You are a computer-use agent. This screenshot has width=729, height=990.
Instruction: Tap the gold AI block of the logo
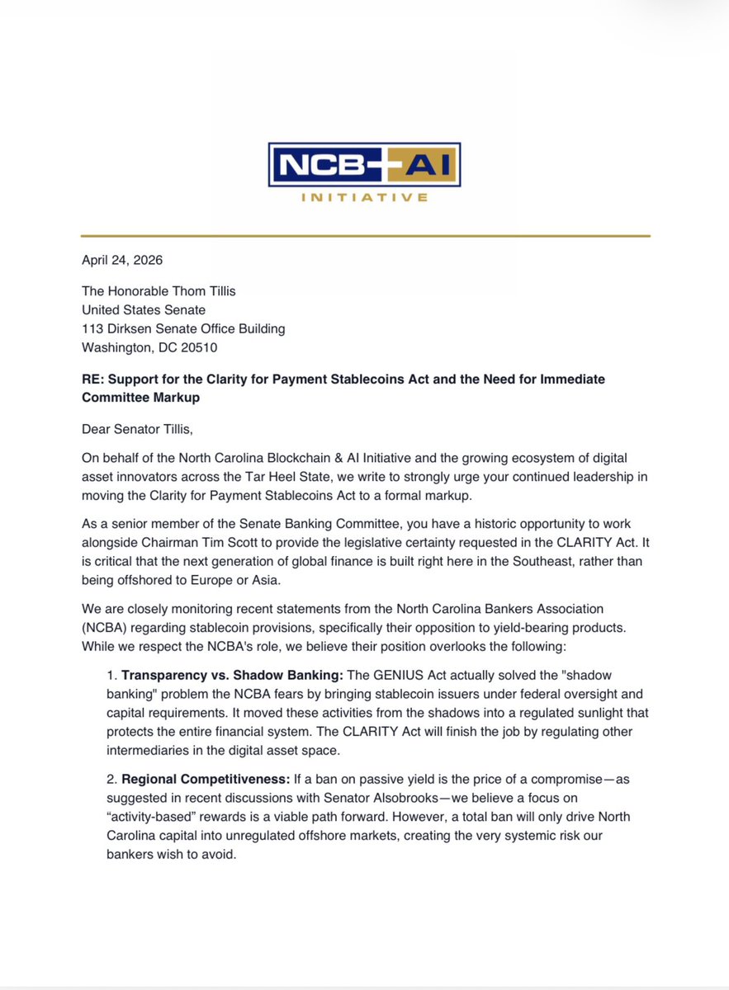(424, 166)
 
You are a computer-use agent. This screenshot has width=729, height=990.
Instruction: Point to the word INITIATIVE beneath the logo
(363, 198)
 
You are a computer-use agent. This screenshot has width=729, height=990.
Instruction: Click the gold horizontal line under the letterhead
(365, 237)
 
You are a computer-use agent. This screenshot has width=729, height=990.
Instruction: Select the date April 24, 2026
(122, 260)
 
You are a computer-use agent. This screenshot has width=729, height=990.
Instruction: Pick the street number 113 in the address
(92, 328)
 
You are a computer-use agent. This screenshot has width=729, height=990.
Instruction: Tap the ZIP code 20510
(197, 347)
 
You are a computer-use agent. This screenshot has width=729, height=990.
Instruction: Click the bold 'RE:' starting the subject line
(93, 379)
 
